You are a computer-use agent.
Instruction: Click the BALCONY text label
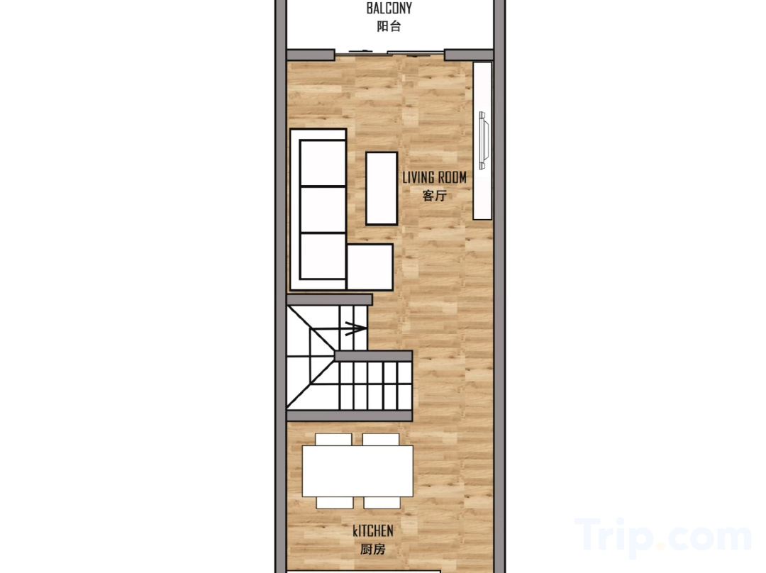[x=389, y=9]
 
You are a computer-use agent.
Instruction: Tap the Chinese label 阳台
[x=389, y=26]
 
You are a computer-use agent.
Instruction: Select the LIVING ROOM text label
[x=434, y=177]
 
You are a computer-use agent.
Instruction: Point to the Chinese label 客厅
[x=434, y=196]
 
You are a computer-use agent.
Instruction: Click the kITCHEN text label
[x=373, y=531]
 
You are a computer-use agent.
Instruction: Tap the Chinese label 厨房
[x=373, y=550]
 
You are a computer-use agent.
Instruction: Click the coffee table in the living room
[x=382, y=189]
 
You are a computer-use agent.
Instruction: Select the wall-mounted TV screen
[x=483, y=140]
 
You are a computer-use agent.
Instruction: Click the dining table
[x=357, y=472]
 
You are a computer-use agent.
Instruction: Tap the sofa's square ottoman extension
[x=370, y=267]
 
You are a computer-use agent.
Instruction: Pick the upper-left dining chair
[x=333, y=439]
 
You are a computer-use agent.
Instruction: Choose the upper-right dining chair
[x=381, y=439]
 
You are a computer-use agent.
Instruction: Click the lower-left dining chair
[x=335, y=503]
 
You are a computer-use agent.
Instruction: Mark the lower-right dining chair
[x=382, y=503]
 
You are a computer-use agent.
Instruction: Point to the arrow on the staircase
[x=355, y=328]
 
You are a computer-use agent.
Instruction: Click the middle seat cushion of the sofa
[x=323, y=210]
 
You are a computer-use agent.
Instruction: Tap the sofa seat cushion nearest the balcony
[x=323, y=163]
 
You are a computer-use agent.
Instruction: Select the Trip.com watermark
[x=663, y=538]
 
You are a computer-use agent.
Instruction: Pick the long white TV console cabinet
[x=482, y=140]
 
